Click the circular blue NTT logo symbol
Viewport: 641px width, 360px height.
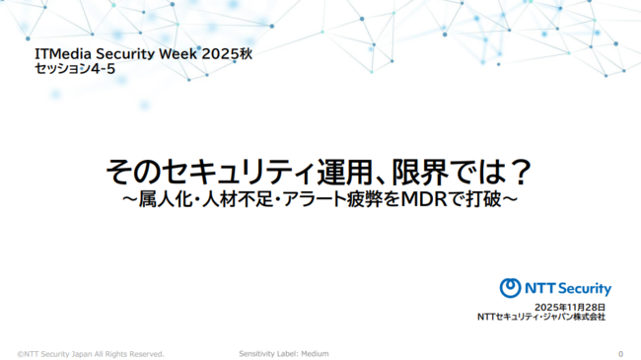510,288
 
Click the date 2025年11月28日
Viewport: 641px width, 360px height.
569,307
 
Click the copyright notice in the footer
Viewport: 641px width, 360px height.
91,353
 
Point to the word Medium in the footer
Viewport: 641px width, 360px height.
314,353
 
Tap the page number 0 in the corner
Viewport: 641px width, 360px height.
620,353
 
